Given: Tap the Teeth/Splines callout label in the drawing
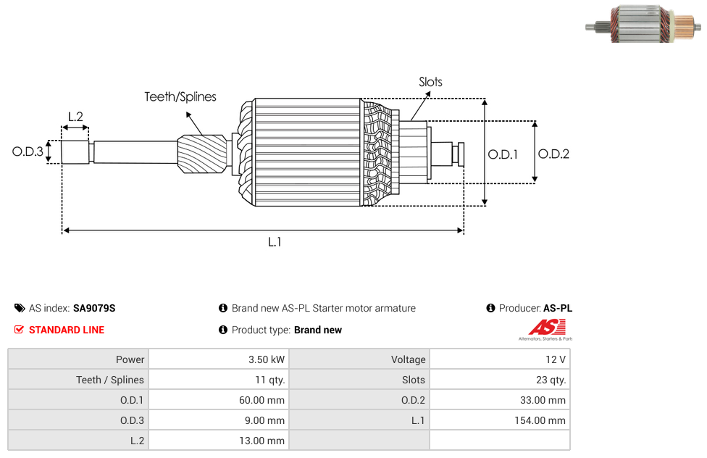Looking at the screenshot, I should tap(180, 96).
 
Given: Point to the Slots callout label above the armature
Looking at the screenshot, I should tap(430, 82).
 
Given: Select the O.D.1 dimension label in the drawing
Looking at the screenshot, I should tap(503, 154).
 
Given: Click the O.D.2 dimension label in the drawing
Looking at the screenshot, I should tap(553, 154).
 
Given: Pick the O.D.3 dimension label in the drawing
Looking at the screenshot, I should tap(28, 152).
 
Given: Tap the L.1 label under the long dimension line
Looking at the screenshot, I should tap(275, 242).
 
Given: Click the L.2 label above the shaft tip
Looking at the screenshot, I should tap(75, 116).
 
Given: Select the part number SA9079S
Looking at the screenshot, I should tap(94, 308).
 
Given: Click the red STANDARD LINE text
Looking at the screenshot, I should tap(67, 330).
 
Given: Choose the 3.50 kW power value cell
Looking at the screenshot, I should tap(218, 359).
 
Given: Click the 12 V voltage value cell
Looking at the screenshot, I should tap(499, 359).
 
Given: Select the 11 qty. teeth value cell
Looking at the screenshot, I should tap(218, 380).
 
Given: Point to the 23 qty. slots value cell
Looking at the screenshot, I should tap(499, 380).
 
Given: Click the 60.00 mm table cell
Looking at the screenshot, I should tap(218, 400).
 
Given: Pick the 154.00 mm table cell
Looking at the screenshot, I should tap(499, 420).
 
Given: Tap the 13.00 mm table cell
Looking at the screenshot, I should tap(218, 441).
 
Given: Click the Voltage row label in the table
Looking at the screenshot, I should tap(359, 359).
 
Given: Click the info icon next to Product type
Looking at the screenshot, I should tap(223, 330).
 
